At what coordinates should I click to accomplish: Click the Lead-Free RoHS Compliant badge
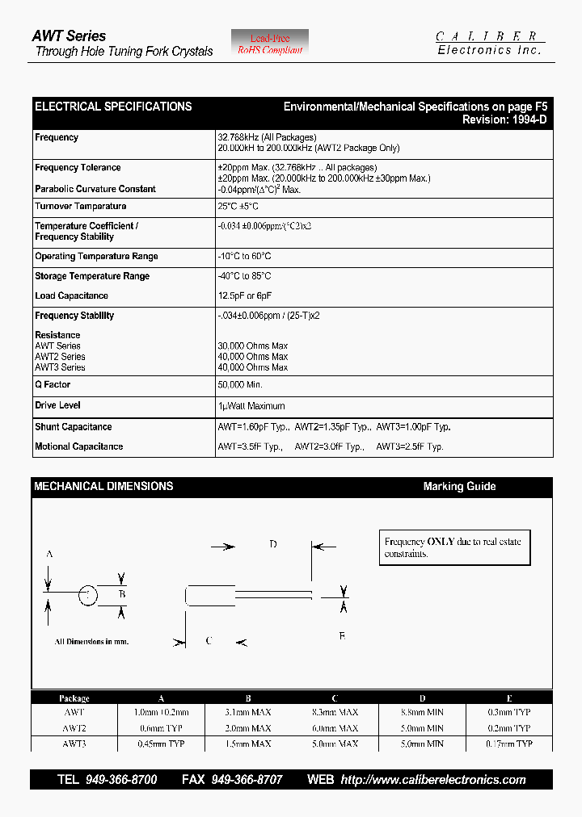tap(270, 44)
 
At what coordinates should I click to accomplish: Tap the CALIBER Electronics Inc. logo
tap(490, 44)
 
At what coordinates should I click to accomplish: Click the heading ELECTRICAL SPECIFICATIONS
tap(113, 107)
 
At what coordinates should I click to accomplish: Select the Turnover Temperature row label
tap(80, 207)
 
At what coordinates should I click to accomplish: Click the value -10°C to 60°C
tap(244, 257)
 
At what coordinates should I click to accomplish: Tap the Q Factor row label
tap(53, 385)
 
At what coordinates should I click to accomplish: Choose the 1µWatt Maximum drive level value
tap(251, 406)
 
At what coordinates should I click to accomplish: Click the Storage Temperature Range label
tap(92, 276)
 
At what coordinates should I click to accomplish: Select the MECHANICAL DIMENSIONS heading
tap(103, 487)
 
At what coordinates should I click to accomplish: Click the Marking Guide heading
tap(459, 487)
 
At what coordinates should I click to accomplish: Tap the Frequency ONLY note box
tap(456, 547)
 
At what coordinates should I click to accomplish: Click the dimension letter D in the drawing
tap(273, 545)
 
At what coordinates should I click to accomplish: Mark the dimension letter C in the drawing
tap(209, 641)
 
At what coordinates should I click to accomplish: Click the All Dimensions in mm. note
tap(91, 642)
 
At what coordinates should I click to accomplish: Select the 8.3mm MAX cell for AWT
tap(335, 713)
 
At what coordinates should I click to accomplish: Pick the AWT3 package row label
tap(74, 744)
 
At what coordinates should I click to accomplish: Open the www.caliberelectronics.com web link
tap(433, 780)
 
